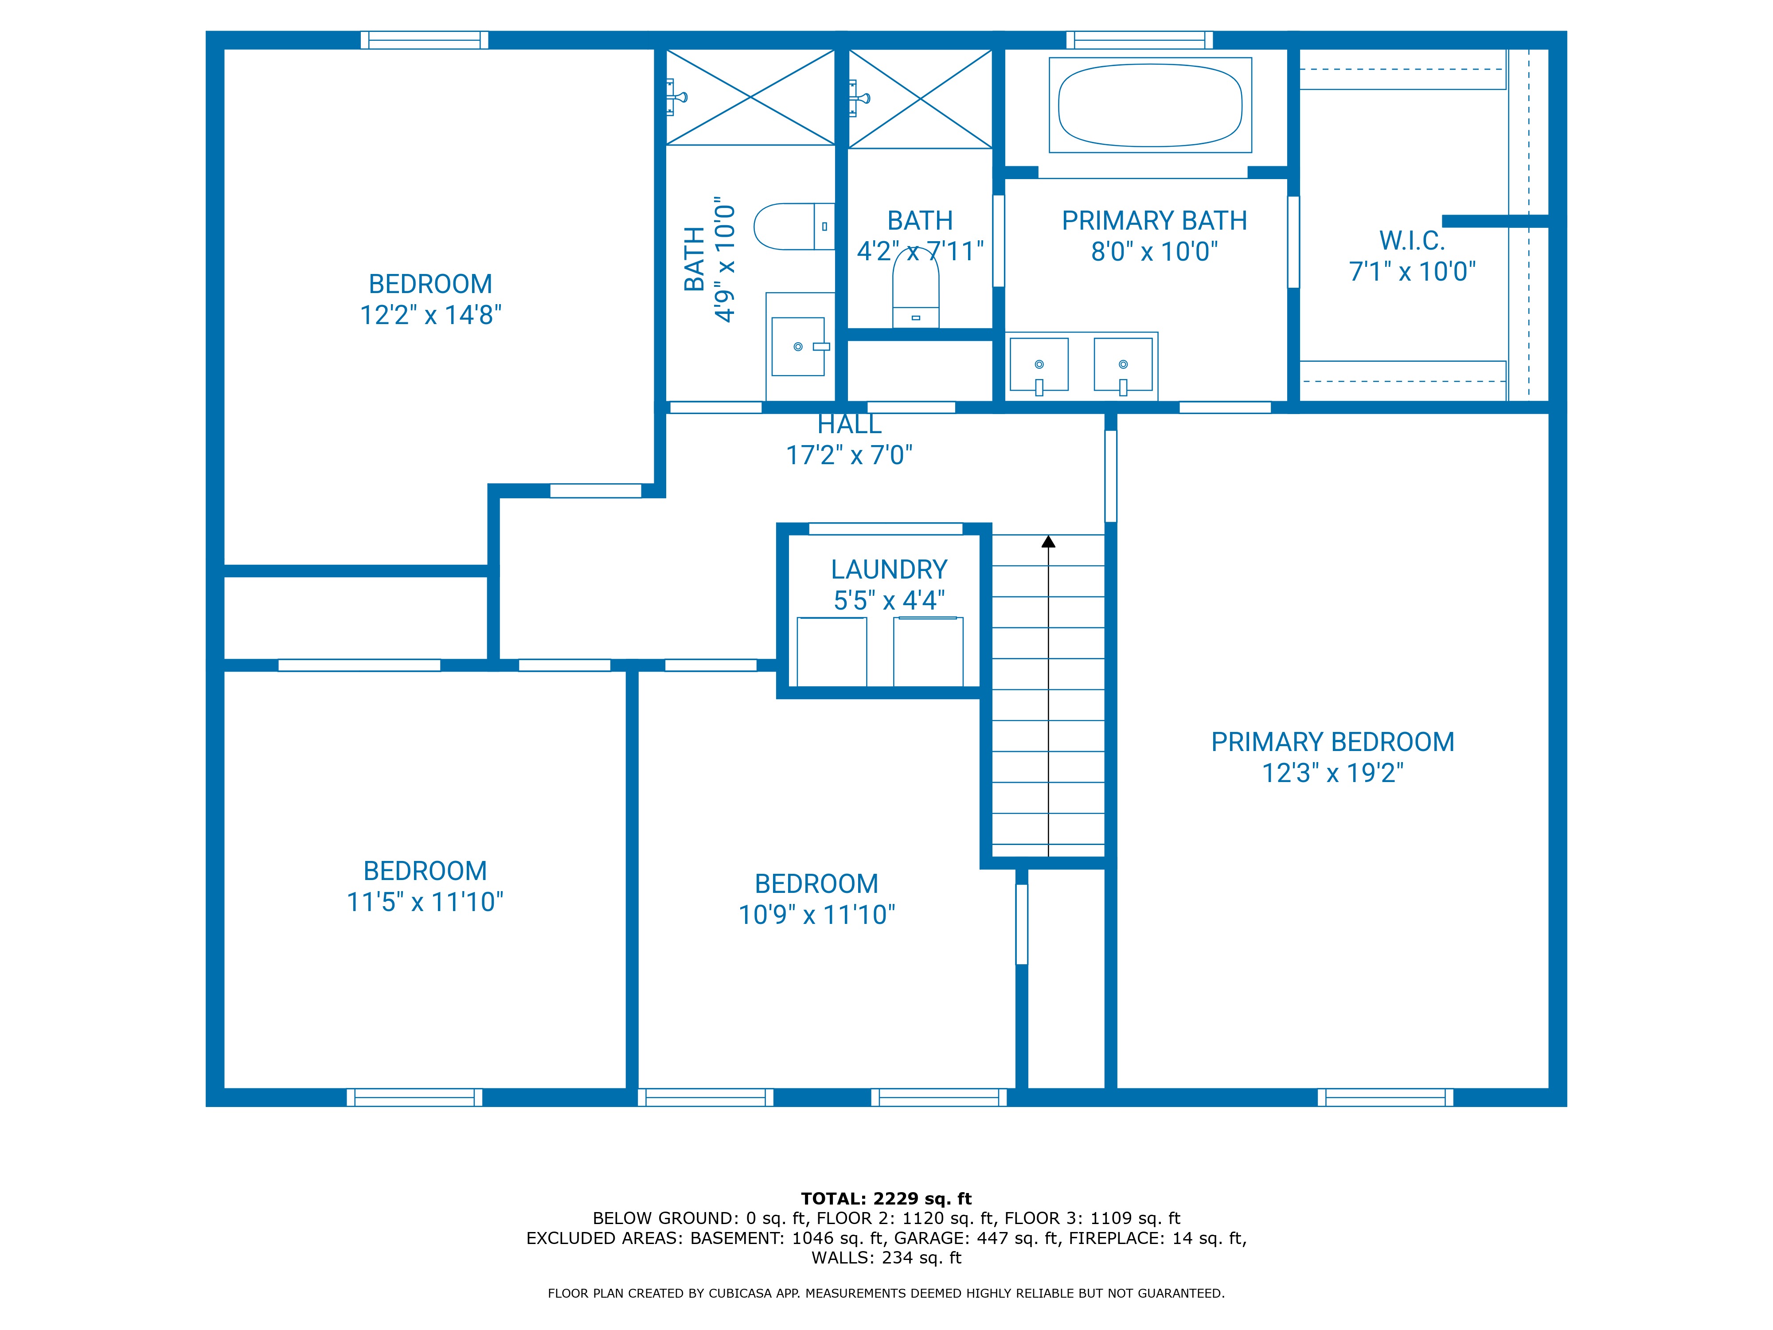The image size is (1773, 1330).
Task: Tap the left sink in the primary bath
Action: [1039, 365]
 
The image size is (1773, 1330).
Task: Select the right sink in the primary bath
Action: [1122, 365]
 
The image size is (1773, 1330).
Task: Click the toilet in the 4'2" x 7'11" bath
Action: [915, 293]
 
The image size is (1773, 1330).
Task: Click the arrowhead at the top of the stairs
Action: [1048, 542]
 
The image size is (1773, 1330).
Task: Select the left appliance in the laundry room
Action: [831, 651]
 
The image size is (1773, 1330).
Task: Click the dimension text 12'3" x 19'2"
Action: [1332, 773]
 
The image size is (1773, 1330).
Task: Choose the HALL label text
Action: [849, 424]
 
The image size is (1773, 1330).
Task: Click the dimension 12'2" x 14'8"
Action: [430, 315]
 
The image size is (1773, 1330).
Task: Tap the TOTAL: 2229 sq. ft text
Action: [886, 1198]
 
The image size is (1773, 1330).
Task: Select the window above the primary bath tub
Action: [1139, 40]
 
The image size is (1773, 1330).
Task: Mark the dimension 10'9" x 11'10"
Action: [816, 915]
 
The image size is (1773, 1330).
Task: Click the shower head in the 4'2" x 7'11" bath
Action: [859, 98]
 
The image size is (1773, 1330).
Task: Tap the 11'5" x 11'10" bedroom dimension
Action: [425, 902]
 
